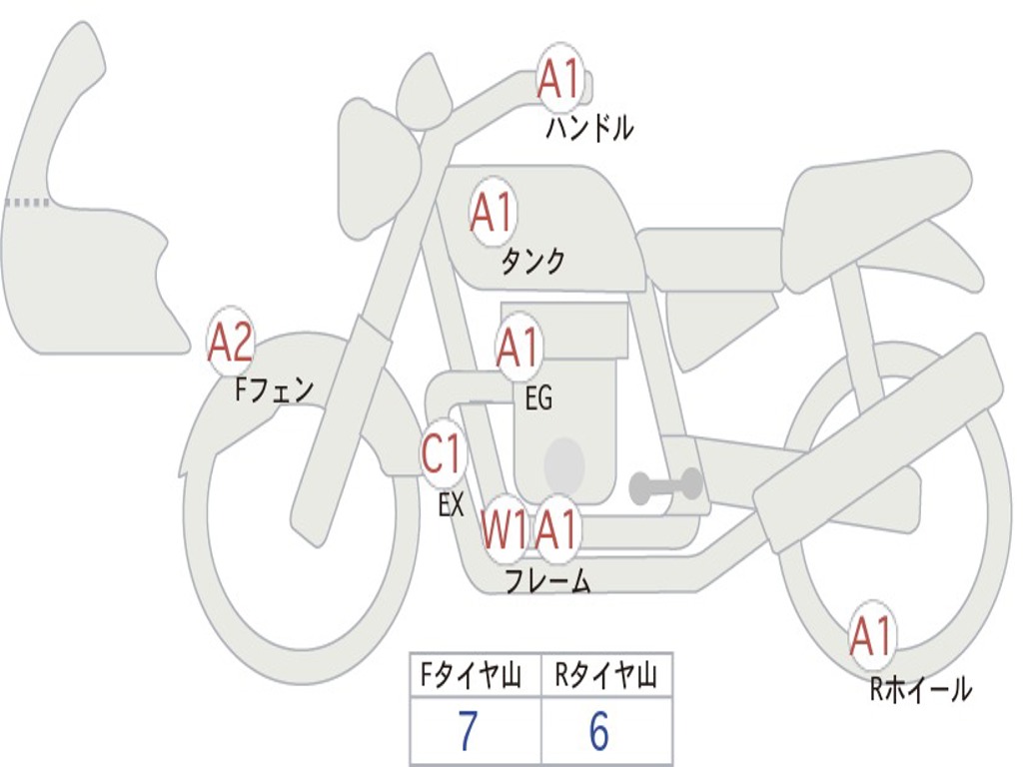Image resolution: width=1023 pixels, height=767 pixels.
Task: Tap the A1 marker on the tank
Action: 492,212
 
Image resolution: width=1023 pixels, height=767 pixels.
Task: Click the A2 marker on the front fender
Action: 231,343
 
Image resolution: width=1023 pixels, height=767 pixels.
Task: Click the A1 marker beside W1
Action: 557,529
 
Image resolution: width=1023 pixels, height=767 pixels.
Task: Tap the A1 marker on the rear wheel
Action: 871,637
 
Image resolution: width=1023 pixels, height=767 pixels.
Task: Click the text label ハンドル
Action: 589,128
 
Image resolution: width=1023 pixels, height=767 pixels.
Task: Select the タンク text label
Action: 532,262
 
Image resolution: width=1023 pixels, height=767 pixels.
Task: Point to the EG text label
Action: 538,398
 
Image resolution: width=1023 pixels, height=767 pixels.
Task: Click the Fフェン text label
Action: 274,388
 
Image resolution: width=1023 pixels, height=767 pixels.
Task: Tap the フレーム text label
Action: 547,581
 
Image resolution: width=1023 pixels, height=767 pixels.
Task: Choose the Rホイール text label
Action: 920,689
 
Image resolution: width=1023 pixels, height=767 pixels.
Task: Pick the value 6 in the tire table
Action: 599,733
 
